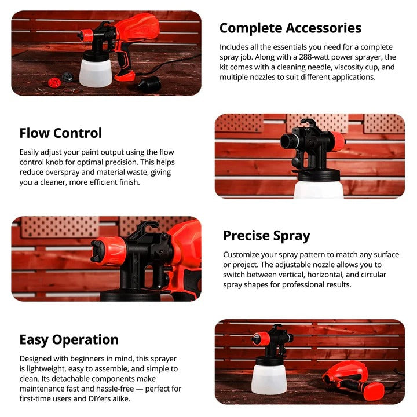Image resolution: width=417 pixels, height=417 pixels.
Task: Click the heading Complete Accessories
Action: tap(290, 28)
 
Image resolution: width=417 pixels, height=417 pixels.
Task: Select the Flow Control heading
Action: tap(61, 133)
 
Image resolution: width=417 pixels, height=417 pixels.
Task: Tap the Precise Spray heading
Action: tap(266, 236)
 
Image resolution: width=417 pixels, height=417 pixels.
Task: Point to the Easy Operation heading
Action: tap(69, 339)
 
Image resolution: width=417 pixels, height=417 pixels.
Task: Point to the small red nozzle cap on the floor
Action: tap(54, 82)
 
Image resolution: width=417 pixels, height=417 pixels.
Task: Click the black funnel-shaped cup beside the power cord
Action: tap(149, 84)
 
